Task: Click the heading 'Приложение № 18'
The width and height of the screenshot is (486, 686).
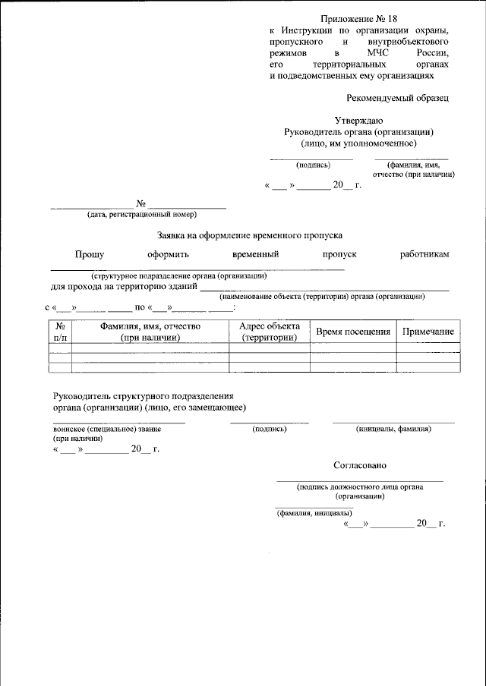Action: pyautogui.click(x=358, y=17)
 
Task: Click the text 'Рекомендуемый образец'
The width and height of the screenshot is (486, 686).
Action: pyautogui.click(x=397, y=98)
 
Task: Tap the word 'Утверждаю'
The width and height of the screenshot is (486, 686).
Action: pyautogui.click(x=358, y=120)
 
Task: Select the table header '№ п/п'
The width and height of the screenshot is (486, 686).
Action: pyautogui.click(x=60, y=332)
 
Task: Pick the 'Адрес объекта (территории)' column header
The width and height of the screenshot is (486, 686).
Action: pyautogui.click(x=270, y=332)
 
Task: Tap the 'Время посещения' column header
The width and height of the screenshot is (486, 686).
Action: pyautogui.click(x=353, y=332)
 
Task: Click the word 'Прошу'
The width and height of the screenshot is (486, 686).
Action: pyautogui.click(x=90, y=254)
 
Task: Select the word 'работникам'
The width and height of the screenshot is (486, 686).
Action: pyautogui.click(x=424, y=254)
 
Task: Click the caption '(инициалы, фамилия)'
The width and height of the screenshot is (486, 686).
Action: pyautogui.click(x=393, y=429)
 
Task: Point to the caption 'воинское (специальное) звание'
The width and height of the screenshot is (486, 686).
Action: pyautogui.click(x=107, y=429)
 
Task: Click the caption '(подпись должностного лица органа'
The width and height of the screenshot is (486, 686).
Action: pyautogui.click(x=360, y=487)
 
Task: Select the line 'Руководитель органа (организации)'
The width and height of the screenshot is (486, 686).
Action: pyautogui.click(x=358, y=131)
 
